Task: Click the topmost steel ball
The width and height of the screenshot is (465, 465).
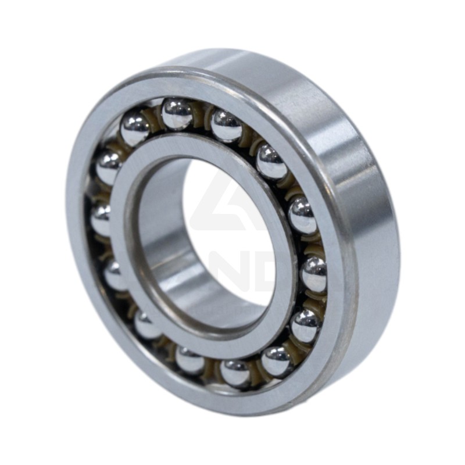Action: coord(177,113)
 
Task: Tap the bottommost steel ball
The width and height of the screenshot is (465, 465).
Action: coord(237,372)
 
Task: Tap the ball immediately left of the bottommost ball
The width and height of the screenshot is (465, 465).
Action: coord(190,360)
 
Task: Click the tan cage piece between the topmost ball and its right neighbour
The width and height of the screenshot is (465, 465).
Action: coord(203,116)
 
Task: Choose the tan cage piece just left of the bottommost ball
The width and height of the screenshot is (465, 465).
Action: coord(212,369)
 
